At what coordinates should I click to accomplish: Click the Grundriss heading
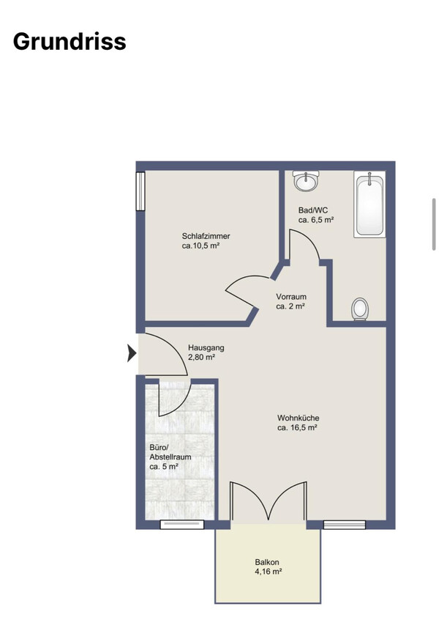click(x=70, y=42)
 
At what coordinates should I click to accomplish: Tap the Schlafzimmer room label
click(x=206, y=236)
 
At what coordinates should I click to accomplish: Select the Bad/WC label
click(x=312, y=210)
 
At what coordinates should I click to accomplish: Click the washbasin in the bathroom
click(x=306, y=180)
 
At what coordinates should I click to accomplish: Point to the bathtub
click(x=369, y=204)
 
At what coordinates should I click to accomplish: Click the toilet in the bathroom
click(x=360, y=309)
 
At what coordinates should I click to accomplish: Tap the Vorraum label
click(x=291, y=296)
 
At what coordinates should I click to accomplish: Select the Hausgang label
click(x=206, y=348)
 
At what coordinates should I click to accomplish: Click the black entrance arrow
click(x=132, y=353)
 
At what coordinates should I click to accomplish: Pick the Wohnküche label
click(x=298, y=418)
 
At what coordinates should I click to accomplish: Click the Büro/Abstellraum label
click(x=170, y=452)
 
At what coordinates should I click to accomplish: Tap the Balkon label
click(x=267, y=562)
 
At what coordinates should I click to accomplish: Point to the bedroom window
click(x=140, y=191)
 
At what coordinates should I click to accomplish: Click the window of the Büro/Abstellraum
click(x=182, y=525)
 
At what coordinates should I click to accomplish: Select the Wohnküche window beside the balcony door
click(x=344, y=525)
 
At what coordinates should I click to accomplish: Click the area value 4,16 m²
click(x=268, y=572)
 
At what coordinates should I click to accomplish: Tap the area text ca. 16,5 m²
click(x=298, y=428)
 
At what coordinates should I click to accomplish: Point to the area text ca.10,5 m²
click(x=201, y=246)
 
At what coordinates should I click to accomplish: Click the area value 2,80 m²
click(x=201, y=358)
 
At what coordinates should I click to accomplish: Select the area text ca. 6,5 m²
click(x=316, y=221)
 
